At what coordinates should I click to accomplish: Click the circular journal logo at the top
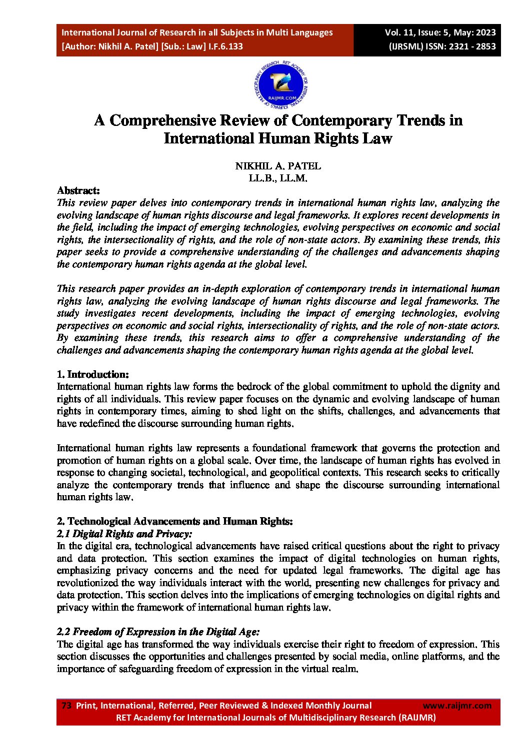(280, 86)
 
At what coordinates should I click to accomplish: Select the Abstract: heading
(78, 190)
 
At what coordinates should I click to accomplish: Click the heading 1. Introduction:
(93, 374)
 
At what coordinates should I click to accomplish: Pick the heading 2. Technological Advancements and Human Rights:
(174, 521)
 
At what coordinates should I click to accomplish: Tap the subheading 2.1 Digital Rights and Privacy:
(124, 534)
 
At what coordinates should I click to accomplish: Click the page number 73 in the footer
(66, 706)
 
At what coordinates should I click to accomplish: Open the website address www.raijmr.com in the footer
(457, 706)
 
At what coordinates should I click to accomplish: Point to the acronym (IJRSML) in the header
(406, 46)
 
